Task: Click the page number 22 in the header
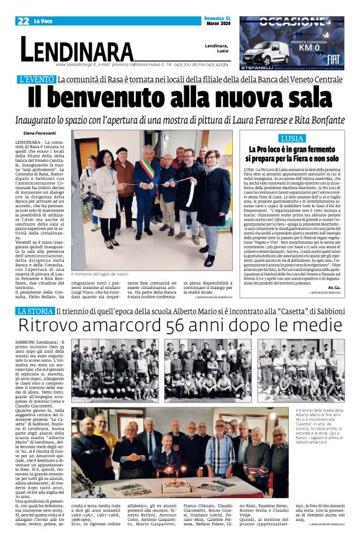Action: [23, 21]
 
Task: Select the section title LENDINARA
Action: [77, 49]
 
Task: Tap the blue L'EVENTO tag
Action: [37, 79]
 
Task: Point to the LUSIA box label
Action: [292, 138]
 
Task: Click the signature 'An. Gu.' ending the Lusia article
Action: [335, 271]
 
